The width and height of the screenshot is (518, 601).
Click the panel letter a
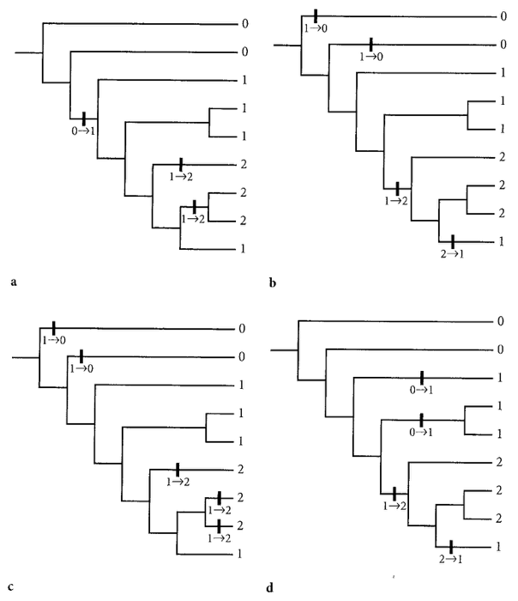pos(14,280)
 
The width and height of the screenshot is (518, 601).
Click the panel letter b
pos(272,281)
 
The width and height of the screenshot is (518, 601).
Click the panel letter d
pos(271,588)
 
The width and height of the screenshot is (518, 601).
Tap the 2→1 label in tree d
pos(450,560)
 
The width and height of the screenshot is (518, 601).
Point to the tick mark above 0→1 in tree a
pos(83,118)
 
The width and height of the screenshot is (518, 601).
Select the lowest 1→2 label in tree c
pos(220,538)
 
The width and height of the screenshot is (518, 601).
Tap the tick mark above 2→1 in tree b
pos(453,241)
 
